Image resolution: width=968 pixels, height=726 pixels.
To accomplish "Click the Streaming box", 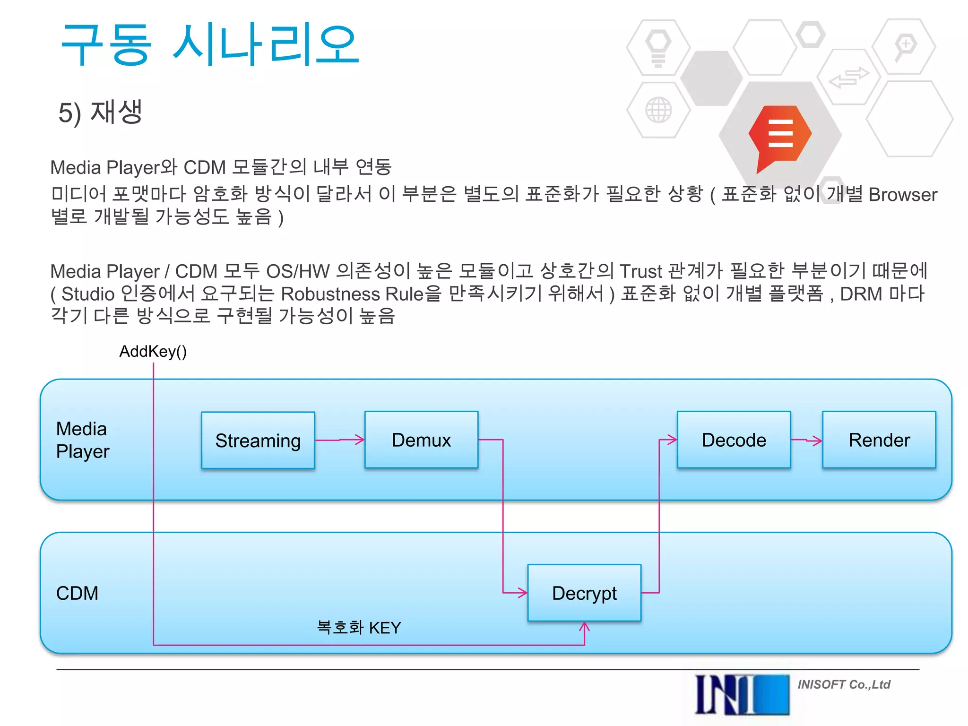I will (x=258, y=440).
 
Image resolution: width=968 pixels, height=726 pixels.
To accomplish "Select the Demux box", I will (x=421, y=440).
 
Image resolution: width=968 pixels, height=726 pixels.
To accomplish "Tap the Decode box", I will (x=734, y=440).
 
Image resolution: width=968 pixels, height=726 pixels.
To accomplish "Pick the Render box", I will (x=879, y=440).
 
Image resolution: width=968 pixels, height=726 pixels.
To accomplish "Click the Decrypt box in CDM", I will (x=584, y=593).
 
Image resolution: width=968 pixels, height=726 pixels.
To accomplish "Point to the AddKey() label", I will (x=153, y=351).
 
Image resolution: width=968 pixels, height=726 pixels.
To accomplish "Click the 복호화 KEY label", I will (x=359, y=628).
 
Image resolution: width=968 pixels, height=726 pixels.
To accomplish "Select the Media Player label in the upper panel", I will (x=82, y=440).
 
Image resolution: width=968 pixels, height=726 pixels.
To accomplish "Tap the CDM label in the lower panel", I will (x=77, y=593).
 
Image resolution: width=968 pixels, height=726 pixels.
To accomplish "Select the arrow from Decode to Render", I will (x=806, y=441).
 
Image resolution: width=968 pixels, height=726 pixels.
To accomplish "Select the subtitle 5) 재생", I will (x=100, y=112).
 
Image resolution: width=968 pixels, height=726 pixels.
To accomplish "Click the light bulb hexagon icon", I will (x=658, y=47).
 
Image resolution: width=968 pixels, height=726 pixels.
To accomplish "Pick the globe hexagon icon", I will (x=658, y=110).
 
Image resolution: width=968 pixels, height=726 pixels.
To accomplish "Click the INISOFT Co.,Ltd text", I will (x=844, y=684).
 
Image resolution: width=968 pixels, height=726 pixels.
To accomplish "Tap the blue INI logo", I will (x=742, y=694).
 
